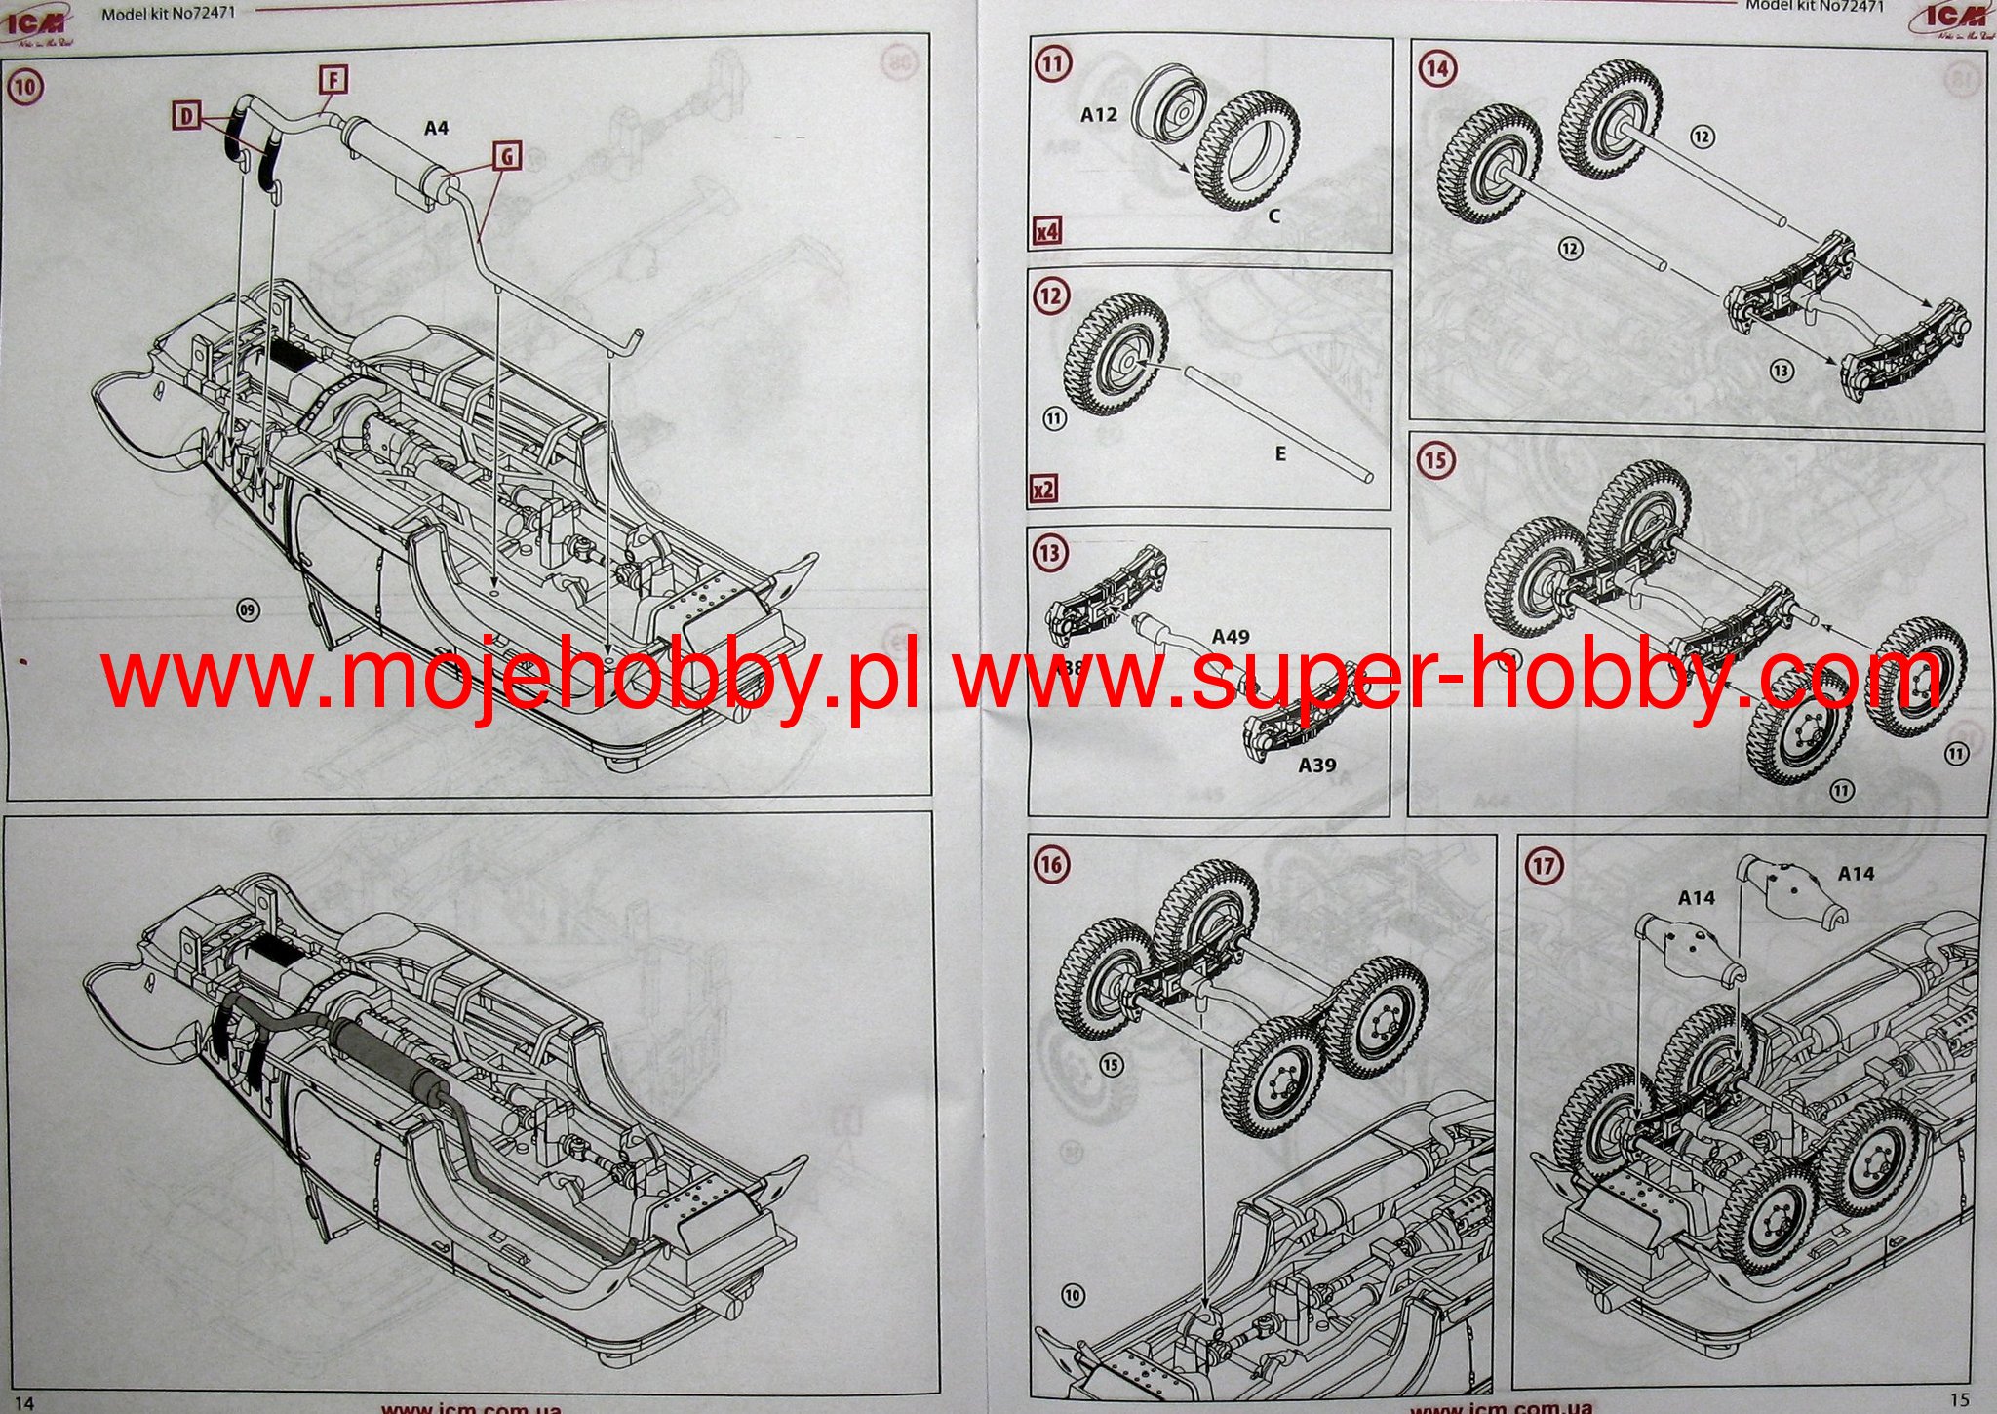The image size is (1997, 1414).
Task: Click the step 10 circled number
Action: click(24, 87)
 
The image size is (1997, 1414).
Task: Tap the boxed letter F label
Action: click(333, 79)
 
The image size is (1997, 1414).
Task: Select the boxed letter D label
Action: click(186, 117)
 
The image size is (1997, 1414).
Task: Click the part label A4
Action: click(436, 127)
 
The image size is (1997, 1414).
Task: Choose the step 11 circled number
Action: click(1052, 64)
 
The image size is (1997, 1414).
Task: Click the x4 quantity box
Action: click(1047, 232)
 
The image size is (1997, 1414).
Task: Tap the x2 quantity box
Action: click(1044, 488)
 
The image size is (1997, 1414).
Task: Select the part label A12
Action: click(1099, 114)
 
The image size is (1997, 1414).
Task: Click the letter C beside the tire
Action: click(1273, 216)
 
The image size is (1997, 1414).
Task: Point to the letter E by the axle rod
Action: click(1280, 453)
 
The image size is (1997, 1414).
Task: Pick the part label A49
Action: click(1231, 636)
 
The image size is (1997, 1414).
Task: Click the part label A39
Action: click(1316, 766)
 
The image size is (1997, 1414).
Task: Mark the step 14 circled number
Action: click(1437, 68)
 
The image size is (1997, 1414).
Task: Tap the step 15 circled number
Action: click(1435, 459)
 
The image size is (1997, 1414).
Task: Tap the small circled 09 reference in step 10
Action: click(249, 610)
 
